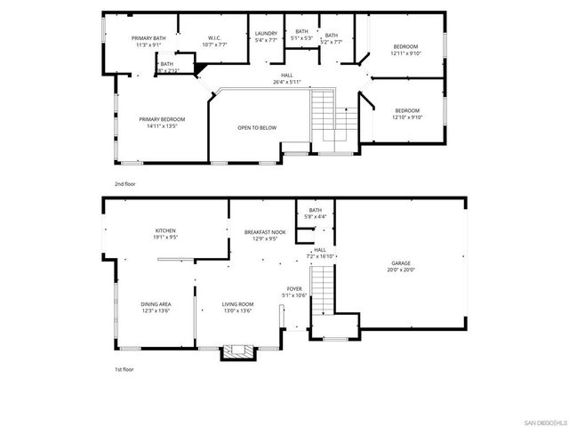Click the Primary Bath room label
coord(148,38)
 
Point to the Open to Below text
coord(257,128)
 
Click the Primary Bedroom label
coord(162,119)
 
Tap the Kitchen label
coord(166,230)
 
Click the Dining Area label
coord(156,304)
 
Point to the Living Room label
coord(237,304)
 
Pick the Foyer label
coord(293,289)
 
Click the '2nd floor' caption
coord(124,183)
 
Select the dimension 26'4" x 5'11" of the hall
coord(287,83)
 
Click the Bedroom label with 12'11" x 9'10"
coord(405,46)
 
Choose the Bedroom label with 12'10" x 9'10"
coord(405,110)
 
